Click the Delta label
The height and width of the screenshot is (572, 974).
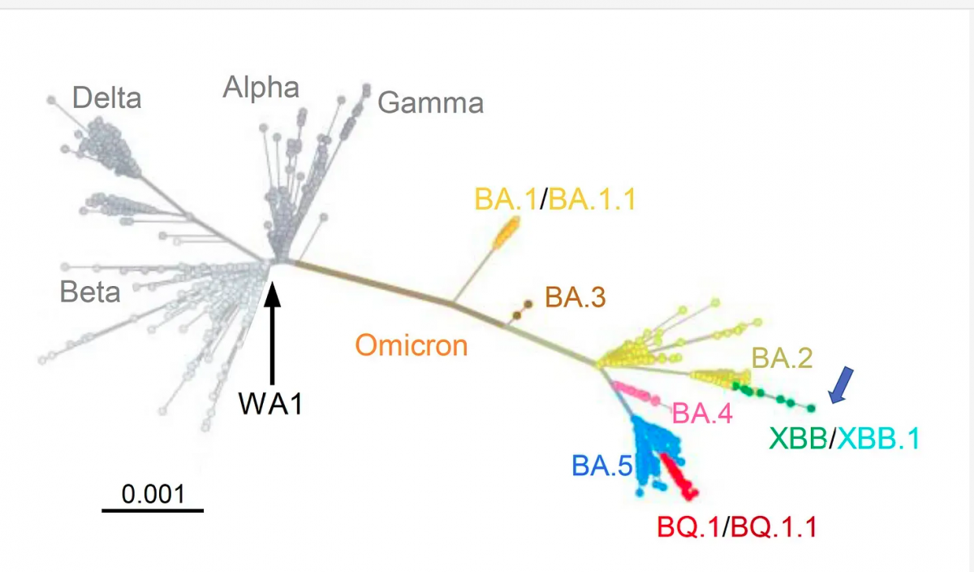(106, 98)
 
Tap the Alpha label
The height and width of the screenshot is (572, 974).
(261, 87)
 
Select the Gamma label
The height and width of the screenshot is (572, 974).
(430, 103)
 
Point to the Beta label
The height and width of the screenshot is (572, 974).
(90, 292)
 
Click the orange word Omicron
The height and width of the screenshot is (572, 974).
(412, 345)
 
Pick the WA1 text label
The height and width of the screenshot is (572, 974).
(270, 404)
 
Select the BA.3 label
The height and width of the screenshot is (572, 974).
(575, 297)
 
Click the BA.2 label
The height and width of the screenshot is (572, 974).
(782, 357)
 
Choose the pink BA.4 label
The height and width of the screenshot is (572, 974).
(702, 414)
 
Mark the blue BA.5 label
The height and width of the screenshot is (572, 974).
(601, 466)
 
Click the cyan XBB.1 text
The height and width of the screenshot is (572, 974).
(879, 439)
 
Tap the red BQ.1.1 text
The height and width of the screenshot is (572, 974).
(774, 527)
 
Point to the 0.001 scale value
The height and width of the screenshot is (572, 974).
(153, 493)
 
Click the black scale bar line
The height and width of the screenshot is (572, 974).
(153, 511)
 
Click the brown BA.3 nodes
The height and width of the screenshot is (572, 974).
(521, 310)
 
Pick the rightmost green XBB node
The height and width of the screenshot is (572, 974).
(810, 408)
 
